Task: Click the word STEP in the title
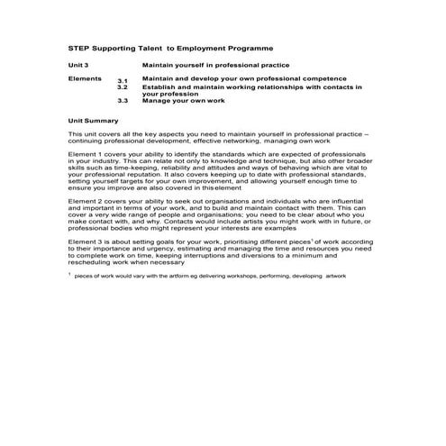click(79, 47)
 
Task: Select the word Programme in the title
click(243, 47)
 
